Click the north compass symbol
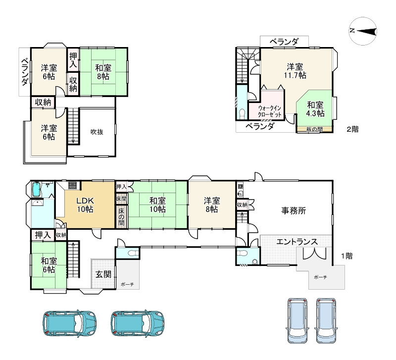click(363, 31)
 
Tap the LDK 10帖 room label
click(85, 205)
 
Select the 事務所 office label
click(294, 210)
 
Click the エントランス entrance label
click(297, 242)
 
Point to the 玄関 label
click(103, 274)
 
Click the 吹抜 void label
click(97, 132)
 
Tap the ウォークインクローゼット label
click(269, 111)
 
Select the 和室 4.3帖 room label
click(315, 109)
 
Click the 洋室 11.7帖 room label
click(295, 71)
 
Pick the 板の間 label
click(314, 129)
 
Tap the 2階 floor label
click(352, 129)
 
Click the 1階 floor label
click(347, 256)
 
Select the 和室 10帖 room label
click(157, 205)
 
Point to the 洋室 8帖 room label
click(212, 205)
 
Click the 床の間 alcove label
click(121, 216)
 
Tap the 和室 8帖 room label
click(103, 72)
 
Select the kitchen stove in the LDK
click(72, 186)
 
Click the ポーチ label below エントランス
click(320, 277)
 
